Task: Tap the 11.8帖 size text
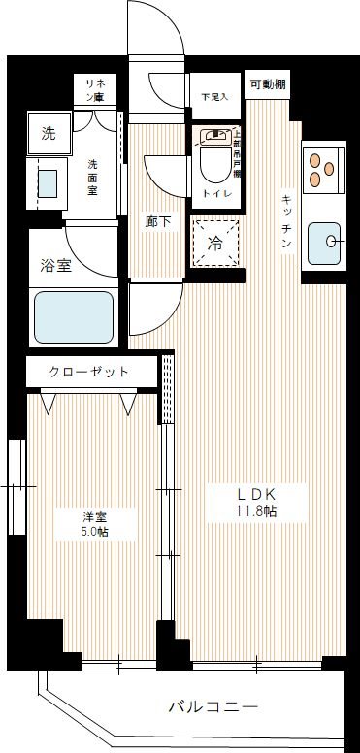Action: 256,511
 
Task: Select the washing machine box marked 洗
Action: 48,134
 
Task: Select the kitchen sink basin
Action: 324,242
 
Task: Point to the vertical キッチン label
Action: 287,217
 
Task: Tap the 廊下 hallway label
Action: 158,222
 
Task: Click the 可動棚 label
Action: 266,84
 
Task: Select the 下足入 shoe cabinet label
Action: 213,97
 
